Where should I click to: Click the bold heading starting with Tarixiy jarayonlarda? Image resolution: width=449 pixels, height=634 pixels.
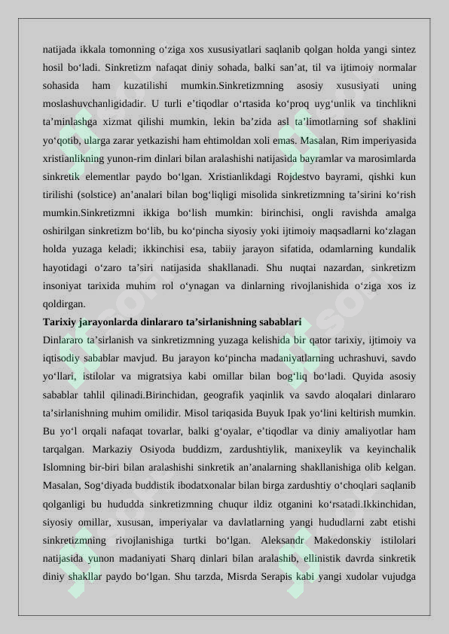coord(173,322)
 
